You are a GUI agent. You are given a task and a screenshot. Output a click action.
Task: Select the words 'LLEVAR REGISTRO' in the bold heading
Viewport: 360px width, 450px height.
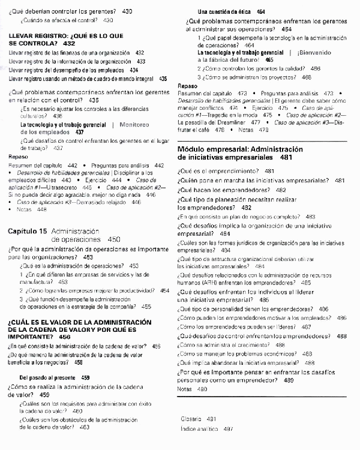37,36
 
